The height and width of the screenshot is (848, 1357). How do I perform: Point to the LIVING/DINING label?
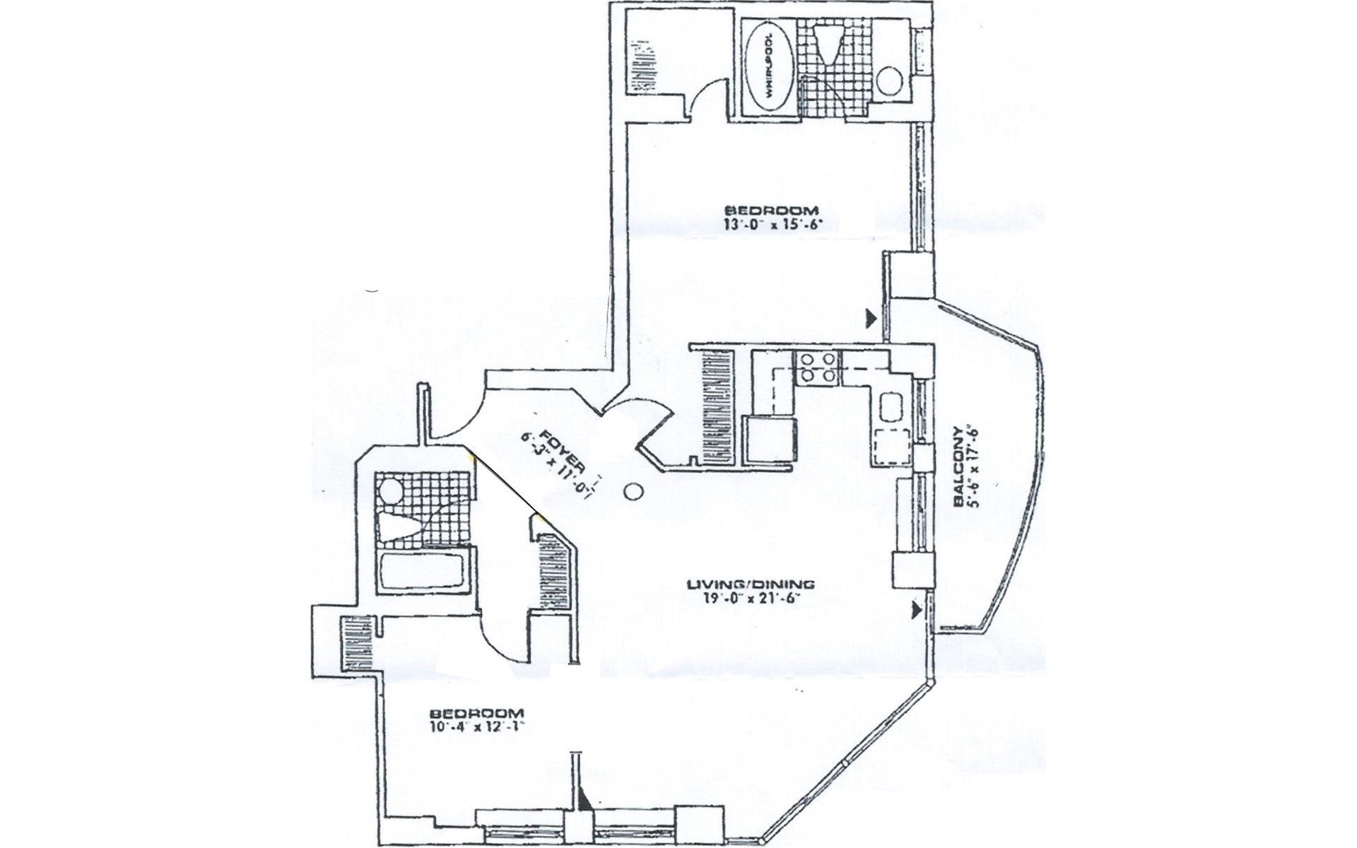pyautogui.click(x=751, y=584)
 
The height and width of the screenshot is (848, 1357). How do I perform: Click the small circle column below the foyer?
pyautogui.click(x=633, y=490)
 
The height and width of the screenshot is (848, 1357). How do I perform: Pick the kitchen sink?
pyautogui.click(x=890, y=407)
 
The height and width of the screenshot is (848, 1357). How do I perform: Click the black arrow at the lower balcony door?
pyautogui.click(x=918, y=609)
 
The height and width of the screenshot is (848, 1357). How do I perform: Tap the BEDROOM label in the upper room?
pyautogui.click(x=773, y=210)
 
